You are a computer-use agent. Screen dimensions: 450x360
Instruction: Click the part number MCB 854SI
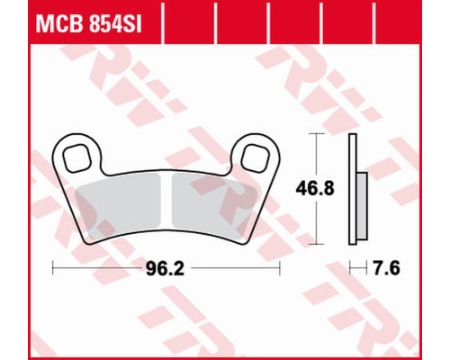pyautogui.click(x=88, y=24)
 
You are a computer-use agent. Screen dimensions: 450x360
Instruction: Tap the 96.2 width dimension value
pyautogui.click(x=165, y=268)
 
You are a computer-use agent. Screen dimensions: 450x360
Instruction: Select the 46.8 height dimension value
pyautogui.click(x=315, y=188)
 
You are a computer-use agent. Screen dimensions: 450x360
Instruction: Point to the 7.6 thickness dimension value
pyautogui.click(x=386, y=268)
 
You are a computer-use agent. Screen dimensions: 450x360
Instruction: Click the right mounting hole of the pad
pyautogui.click(x=255, y=158)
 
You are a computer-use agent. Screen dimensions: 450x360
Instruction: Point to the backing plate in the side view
pyautogui.click(x=353, y=189)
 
